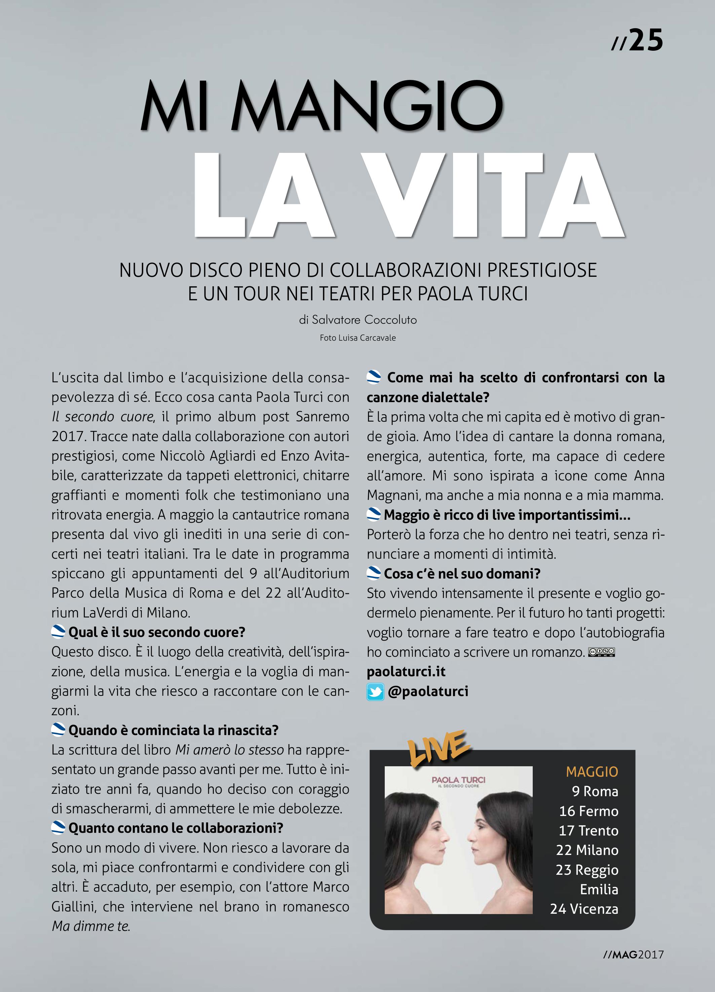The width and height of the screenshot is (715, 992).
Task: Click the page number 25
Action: pyautogui.click(x=646, y=41)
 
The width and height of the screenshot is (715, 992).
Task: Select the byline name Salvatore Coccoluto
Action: pyautogui.click(x=364, y=320)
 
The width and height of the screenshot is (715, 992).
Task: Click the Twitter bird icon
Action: pyautogui.click(x=375, y=692)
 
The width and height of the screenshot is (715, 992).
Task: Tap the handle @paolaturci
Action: pyautogui.click(x=428, y=691)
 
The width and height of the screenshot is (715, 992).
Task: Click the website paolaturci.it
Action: pyautogui.click(x=406, y=672)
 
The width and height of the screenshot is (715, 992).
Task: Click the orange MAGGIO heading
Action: pyautogui.click(x=592, y=772)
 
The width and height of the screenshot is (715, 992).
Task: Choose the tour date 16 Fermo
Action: pyautogui.click(x=589, y=811)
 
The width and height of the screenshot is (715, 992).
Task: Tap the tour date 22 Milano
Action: pyautogui.click(x=587, y=850)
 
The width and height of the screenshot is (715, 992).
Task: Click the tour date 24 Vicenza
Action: pyautogui.click(x=584, y=909)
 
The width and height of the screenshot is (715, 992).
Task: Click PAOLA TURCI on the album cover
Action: pyautogui.click(x=458, y=780)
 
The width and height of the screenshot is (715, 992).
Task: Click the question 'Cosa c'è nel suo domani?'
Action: pyautogui.click(x=462, y=573)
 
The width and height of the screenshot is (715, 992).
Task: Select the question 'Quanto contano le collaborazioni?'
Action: pyautogui.click(x=176, y=828)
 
